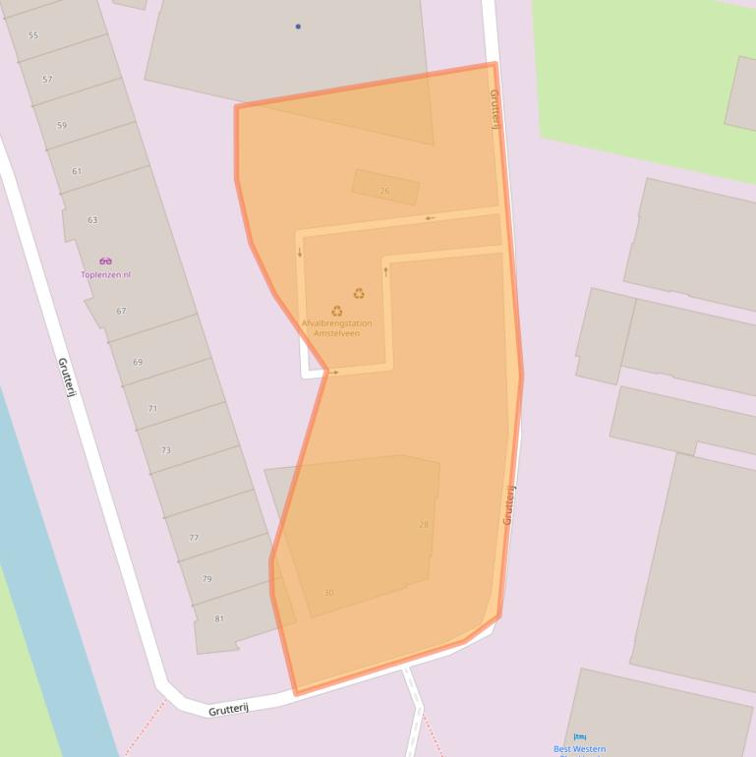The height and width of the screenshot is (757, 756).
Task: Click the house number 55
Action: pos(33,35)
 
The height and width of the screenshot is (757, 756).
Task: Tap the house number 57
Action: pos(47,79)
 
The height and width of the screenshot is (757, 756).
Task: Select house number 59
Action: pos(62,126)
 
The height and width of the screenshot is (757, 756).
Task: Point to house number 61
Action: pos(77,171)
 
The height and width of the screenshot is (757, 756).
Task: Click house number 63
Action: pos(92,220)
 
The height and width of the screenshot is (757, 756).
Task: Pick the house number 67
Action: pos(121,311)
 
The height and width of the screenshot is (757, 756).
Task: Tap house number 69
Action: pos(138,363)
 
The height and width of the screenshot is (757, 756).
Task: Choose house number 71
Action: pos(152,408)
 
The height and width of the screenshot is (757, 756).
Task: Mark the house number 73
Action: pos(166,450)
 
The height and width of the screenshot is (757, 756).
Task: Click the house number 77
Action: pos(194,538)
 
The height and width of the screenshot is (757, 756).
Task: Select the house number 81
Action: pos(219,618)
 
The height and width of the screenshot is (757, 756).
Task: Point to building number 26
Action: pos(384,191)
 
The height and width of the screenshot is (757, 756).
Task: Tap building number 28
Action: pos(424,524)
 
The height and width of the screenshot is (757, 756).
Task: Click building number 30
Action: pos(328,593)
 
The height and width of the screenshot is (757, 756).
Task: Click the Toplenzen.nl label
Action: pos(105,275)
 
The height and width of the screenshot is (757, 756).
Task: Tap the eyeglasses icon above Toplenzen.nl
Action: pos(105,262)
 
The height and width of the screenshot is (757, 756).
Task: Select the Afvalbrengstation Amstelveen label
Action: pos(337,328)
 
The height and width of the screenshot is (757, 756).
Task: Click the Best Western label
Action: pos(580,749)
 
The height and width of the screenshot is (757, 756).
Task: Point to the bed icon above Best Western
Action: pos(580,736)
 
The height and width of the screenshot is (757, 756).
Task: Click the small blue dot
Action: pos(298,27)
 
